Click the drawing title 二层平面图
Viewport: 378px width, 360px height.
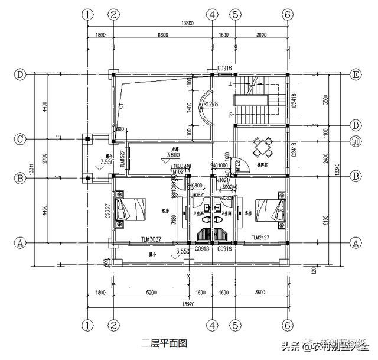pos(164,342)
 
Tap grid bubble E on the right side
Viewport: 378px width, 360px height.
pos(356,74)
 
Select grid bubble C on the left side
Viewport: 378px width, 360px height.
pos(21,140)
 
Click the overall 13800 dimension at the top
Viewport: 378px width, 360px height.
pos(187,23)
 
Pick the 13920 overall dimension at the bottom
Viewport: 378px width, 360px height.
pos(187,304)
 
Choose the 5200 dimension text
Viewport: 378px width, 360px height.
pos(151,292)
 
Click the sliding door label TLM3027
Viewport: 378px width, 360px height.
pos(152,239)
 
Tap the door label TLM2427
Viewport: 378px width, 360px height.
pos(260,238)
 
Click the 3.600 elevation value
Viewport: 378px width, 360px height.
pos(173,155)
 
